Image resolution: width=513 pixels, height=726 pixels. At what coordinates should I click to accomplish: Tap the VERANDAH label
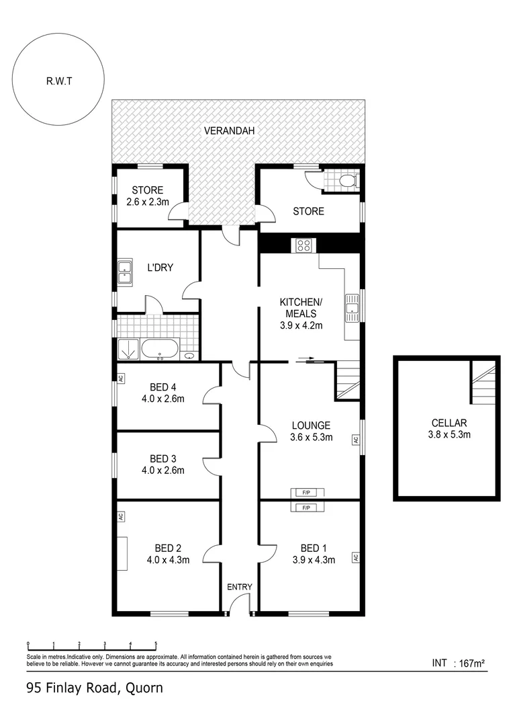click(x=230, y=130)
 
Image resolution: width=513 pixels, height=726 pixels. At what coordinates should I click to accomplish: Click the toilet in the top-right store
click(x=347, y=181)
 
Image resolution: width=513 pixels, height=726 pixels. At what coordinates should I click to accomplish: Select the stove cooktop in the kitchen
click(x=302, y=245)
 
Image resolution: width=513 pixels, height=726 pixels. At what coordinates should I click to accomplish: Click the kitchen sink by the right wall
click(x=353, y=307)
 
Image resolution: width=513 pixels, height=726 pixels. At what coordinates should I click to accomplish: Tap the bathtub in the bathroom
click(x=160, y=350)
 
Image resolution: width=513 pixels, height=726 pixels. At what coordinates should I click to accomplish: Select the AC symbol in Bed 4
click(x=121, y=378)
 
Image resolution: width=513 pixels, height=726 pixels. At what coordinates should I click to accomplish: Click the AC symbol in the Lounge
click(x=355, y=440)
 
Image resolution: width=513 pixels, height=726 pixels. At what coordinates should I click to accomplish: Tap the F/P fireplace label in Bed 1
click(x=306, y=507)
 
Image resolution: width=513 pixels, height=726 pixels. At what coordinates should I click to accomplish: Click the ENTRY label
click(x=239, y=587)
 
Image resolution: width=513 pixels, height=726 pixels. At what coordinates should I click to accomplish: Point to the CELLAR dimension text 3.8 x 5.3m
click(x=449, y=434)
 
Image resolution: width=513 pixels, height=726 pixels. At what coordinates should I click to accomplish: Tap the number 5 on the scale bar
click(x=156, y=643)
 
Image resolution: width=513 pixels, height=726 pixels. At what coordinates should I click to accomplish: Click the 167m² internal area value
click(x=471, y=663)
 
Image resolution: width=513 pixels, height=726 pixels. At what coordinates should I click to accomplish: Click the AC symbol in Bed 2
click(x=121, y=517)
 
